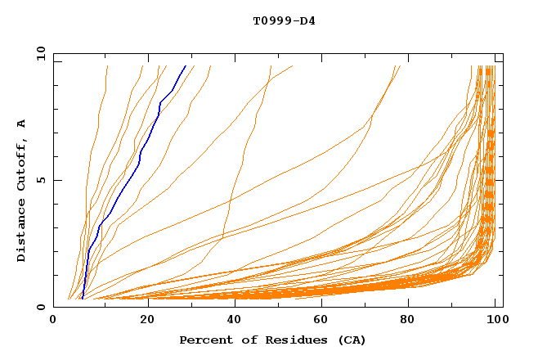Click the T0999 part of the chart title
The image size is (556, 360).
[269, 20]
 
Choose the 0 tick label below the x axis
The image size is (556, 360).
[53, 320]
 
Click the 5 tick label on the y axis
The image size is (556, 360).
[40, 180]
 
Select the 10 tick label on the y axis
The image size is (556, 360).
[38, 53]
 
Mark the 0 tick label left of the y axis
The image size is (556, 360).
[40, 307]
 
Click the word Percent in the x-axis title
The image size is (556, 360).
[204, 340]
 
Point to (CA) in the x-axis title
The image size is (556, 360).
[350, 340]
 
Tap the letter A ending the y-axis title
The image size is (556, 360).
[22, 123]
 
